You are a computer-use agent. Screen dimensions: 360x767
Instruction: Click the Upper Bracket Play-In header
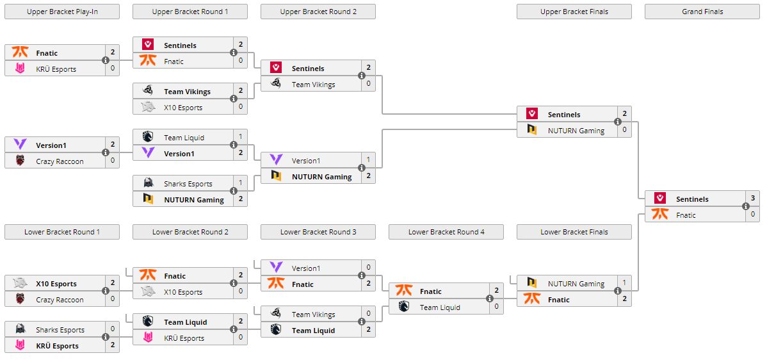(x=62, y=12)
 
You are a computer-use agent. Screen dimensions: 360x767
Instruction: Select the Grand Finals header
(x=702, y=12)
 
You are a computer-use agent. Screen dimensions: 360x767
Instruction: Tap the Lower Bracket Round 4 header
(x=446, y=232)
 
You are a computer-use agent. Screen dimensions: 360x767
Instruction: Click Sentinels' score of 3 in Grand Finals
(x=752, y=199)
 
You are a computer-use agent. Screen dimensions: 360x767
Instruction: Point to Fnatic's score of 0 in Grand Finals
(x=752, y=215)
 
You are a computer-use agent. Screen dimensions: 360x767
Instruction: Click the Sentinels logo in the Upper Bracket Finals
(x=532, y=114)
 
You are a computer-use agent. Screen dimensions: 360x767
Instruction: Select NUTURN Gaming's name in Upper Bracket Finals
(x=576, y=131)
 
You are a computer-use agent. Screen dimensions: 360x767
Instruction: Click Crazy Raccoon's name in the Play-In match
(x=60, y=161)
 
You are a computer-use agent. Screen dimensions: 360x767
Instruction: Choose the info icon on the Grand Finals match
(x=746, y=207)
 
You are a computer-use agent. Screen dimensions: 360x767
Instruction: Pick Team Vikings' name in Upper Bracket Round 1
(x=187, y=92)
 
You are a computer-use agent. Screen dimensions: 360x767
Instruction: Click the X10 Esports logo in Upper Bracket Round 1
(x=148, y=108)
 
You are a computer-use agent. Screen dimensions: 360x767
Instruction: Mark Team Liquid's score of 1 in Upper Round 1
(x=240, y=137)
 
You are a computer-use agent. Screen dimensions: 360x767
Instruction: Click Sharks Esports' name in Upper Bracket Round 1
(x=188, y=184)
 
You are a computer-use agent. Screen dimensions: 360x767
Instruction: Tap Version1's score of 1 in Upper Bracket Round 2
(x=368, y=160)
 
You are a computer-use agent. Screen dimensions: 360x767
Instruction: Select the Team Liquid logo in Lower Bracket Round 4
(x=404, y=307)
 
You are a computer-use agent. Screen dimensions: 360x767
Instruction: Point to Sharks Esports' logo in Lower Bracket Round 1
(x=20, y=330)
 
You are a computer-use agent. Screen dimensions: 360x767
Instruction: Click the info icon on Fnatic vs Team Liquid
(x=490, y=299)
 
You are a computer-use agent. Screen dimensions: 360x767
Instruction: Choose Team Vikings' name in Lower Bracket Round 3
(x=313, y=315)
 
